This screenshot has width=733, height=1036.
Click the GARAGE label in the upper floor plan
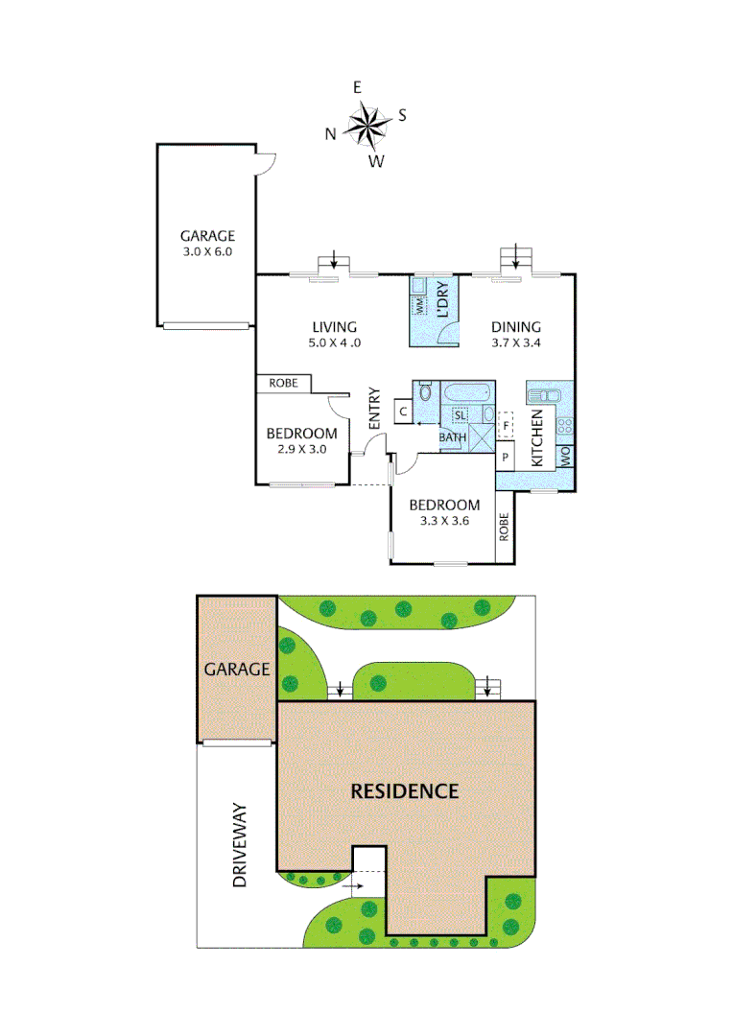(x=207, y=236)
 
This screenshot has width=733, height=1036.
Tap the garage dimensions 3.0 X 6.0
(x=207, y=251)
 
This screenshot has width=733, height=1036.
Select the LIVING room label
(x=334, y=326)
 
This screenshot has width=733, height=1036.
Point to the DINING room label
(x=515, y=326)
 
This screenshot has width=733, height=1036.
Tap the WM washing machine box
(x=420, y=305)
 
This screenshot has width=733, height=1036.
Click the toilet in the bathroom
(x=425, y=392)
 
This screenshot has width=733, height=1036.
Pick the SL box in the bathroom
(x=460, y=415)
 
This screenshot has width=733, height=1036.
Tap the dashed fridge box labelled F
(x=505, y=423)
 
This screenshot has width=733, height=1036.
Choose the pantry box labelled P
(x=506, y=458)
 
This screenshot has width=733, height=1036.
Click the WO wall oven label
(x=566, y=456)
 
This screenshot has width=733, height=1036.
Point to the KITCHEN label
(x=537, y=438)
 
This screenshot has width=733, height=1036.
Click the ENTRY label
(x=374, y=408)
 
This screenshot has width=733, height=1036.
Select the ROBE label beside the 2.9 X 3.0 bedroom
(x=283, y=383)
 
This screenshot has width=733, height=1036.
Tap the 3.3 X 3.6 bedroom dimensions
(x=442, y=521)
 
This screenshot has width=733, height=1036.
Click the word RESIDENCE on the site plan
(x=404, y=791)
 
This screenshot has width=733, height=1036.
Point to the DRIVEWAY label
(x=241, y=844)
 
